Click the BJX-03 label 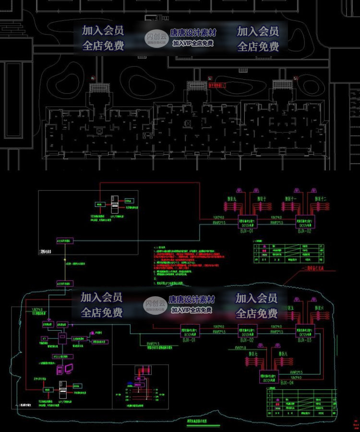tap(304, 340)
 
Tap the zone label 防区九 tap(233, 198)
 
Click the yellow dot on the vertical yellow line tap(64, 260)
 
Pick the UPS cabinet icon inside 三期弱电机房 tap(114, 204)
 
